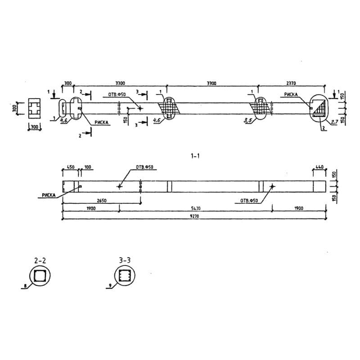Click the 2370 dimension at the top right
[291, 83]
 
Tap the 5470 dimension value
[194, 207]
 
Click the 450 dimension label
[71, 167]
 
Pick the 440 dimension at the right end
[319, 167]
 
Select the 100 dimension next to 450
[87, 167]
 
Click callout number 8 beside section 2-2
[25, 286]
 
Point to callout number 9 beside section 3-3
[110, 286]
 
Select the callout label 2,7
[334, 122]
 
